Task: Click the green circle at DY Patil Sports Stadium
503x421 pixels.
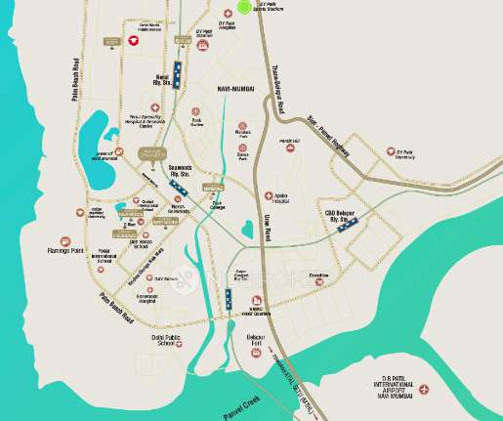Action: pyautogui.click(x=243, y=7)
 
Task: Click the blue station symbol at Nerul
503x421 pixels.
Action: pyautogui.click(x=179, y=77)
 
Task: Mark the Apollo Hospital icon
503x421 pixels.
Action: pyautogui.click(x=270, y=196)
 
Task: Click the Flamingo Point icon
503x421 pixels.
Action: pyautogui.click(x=64, y=239)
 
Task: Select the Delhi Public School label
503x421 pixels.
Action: pyautogui.click(x=163, y=340)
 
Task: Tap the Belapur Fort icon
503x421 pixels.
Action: pyautogui.click(x=256, y=353)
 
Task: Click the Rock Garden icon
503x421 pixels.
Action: pyautogui.click(x=197, y=113)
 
